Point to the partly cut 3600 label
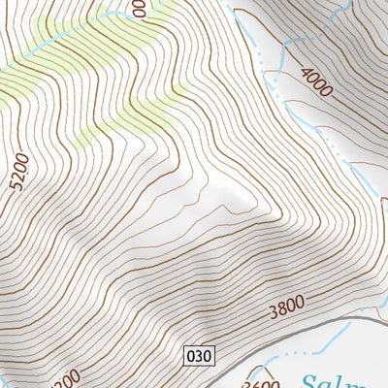[x=260, y=382]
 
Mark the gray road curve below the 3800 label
[x=320, y=322]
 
